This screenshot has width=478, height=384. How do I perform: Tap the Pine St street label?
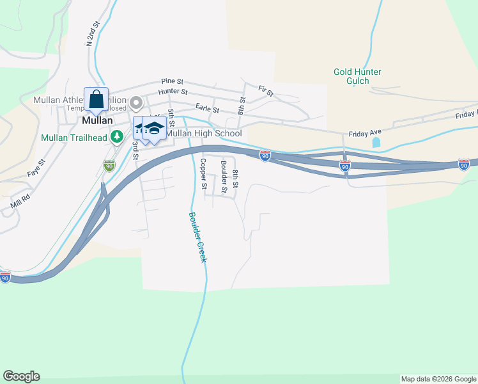(173, 81)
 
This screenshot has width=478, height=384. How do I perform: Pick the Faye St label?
(36, 168)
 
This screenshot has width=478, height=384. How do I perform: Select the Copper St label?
(203, 174)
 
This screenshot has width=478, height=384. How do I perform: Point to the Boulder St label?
(224, 177)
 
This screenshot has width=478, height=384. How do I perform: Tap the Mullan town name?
(97, 120)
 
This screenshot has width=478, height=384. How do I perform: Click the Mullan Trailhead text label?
(73, 137)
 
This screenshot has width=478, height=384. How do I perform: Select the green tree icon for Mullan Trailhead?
(116, 136)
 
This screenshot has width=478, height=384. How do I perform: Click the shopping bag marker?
(96, 100)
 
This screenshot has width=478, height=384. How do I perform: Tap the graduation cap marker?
(154, 128)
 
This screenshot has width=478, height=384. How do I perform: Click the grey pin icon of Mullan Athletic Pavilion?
(135, 102)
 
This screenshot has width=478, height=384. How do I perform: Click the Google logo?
(21, 376)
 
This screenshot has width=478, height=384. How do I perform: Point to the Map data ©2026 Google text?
(438, 379)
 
